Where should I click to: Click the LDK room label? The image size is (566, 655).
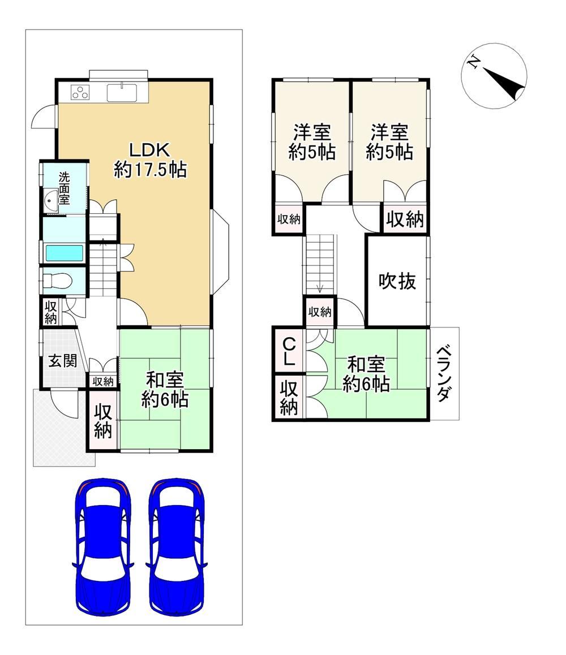tap(150, 160)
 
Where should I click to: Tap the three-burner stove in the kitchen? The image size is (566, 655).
tap(81, 92)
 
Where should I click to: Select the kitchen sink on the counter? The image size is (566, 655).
tap(122, 92)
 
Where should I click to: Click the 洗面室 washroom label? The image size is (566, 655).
tap(64, 188)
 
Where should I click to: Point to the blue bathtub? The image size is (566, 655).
tap(65, 253)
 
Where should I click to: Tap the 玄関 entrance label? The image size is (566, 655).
tap(63, 360)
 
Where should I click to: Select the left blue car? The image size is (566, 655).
tap(103, 546)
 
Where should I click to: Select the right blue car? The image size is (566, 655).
tap(177, 546)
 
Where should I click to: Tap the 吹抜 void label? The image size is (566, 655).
tap(397, 281)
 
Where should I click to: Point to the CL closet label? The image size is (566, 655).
tap(289, 351)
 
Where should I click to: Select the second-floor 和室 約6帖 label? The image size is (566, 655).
tap(366, 374)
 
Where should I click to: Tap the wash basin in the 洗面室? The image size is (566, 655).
tap(51, 199)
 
